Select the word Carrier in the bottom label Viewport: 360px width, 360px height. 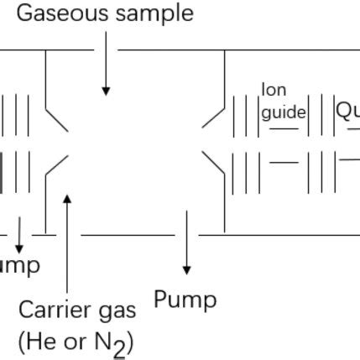[54, 310]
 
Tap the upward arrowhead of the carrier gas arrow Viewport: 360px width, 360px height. [67, 199]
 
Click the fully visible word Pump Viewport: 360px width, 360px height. [185, 300]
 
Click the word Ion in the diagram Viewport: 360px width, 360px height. [274, 90]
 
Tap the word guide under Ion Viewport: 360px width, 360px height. [284, 112]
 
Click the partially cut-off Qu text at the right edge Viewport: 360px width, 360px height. [347, 111]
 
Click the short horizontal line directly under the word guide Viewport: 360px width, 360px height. [284, 128]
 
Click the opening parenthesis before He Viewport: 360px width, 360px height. [21, 342]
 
